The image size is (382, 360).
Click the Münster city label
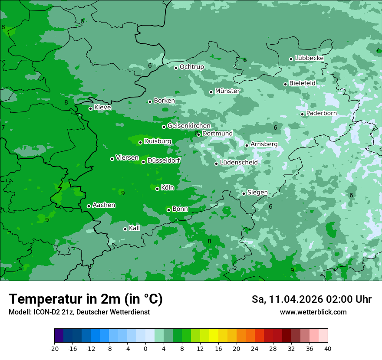click(x=227, y=91)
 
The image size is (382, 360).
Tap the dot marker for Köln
click(x=157, y=189)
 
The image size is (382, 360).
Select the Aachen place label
click(x=104, y=205)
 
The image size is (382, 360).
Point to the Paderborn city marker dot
click(x=303, y=115)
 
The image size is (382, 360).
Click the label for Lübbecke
click(x=309, y=58)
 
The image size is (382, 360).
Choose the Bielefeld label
click(x=303, y=83)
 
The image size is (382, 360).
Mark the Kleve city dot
click(x=90, y=108)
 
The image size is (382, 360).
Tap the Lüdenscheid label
click(x=239, y=163)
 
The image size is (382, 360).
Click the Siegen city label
click(x=257, y=193)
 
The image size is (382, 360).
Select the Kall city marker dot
click(x=125, y=229)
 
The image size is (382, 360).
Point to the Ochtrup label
click(x=192, y=67)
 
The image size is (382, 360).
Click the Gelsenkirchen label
click(x=189, y=126)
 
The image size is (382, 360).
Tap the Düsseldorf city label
click(x=164, y=160)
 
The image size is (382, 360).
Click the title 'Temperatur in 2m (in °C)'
click(x=86, y=299)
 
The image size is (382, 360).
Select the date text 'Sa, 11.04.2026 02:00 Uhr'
click(x=312, y=299)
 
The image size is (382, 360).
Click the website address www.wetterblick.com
click(x=313, y=312)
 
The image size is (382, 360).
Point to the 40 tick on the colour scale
click(x=327, y=349)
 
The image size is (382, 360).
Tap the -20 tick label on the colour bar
click(x=54, y=349)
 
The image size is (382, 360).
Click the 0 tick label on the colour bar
click(x=145, y=349)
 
